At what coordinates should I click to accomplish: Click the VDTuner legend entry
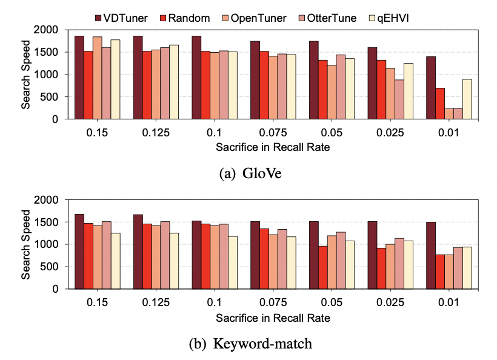tap(121, 18)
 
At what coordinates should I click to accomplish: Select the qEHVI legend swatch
tap(372, 18)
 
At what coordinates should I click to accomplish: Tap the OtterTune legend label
tap(332, 18)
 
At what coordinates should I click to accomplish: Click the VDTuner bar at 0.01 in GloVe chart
tap(431, 88)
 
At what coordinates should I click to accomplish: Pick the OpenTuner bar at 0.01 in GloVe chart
tap(449, 114)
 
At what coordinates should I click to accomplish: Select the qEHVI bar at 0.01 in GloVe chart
tap(467, 99)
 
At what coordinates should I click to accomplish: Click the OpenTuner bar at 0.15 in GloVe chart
tap(98, 78)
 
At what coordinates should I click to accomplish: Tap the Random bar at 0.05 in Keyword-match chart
tap(322, 267)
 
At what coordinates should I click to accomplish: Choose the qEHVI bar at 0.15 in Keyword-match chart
tap(115, 261)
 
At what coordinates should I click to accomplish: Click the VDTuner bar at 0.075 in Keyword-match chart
tap(255, 255)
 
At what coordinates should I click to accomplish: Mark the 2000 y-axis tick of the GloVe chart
tap(46, 30)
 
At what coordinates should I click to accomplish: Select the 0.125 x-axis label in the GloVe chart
tap(156, 133)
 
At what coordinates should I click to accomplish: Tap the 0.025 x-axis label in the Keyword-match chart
tap(390, 302)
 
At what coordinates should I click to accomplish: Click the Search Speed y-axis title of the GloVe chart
tap(25, 75)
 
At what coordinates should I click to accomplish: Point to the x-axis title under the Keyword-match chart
tap(273, 318)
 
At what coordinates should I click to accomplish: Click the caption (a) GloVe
tap(250, 173)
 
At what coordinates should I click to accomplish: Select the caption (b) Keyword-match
tap(250, 344)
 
